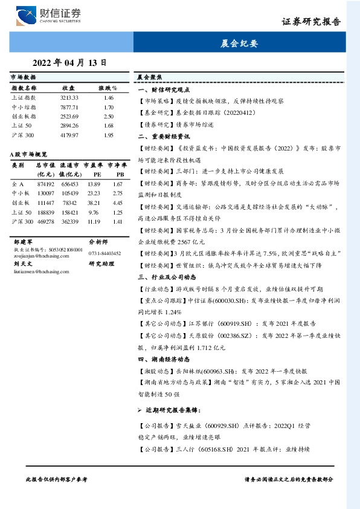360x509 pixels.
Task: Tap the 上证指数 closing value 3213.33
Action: tap(69, 97)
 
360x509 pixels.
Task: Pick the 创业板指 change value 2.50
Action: tap(109, 116)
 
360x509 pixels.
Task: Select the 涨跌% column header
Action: tap(108, 88)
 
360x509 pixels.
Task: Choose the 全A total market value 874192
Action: tap(46, 184)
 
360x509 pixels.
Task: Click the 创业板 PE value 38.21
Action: tap(93, 203)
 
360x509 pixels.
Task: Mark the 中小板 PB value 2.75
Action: tap(118, 193)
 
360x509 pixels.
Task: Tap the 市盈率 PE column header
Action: tap(93, 168)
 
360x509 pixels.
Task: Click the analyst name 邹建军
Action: tap(22, 241)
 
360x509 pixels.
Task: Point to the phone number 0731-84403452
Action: tap(104, 253)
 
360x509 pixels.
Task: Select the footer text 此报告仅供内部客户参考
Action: tap(56, 478)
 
